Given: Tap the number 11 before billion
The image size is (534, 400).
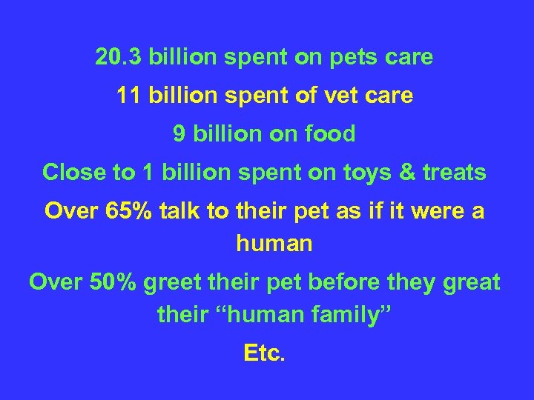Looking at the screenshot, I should (130, 96).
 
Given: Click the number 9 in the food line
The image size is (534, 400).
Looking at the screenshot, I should (179, 134).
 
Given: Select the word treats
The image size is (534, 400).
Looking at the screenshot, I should (455, 173).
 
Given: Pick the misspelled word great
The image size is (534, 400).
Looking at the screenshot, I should (470, 283).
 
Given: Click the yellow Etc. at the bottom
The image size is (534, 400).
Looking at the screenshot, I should (264, 353).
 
